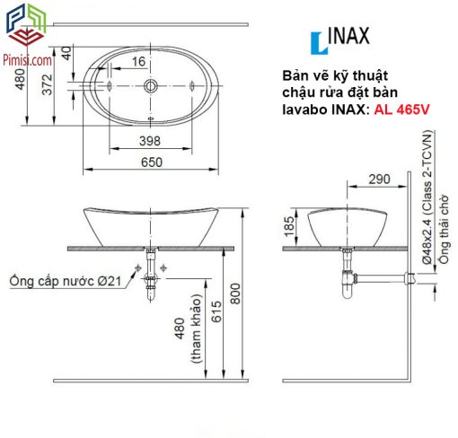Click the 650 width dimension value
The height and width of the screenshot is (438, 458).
point(152,162)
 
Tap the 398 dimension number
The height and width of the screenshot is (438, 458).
point(150,141)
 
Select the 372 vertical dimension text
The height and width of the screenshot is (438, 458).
point(48,84)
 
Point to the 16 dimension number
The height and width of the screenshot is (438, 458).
point(138,62)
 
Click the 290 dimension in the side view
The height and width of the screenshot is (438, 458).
point(379,180)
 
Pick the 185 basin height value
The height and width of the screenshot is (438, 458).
point(289,226)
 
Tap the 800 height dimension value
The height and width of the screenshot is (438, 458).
point(235,293)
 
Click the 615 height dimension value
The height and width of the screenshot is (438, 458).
point(216,311)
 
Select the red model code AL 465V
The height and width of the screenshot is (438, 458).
point(401,109)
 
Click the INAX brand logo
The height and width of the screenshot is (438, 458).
point(340,39)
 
